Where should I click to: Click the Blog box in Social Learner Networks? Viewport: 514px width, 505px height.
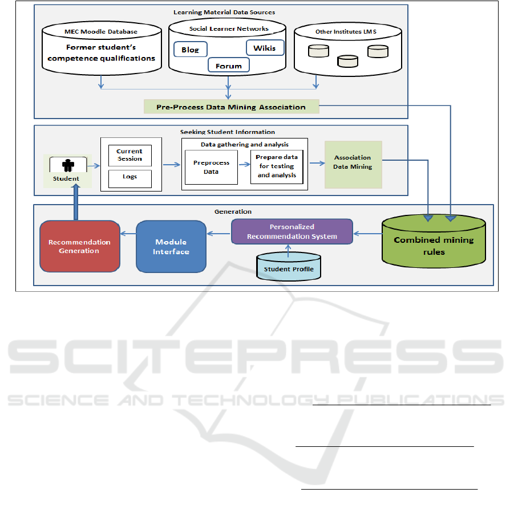tap(190, 50)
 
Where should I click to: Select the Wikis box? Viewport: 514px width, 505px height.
tap(264, 48)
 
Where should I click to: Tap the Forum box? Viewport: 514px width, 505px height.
tap(228, 66)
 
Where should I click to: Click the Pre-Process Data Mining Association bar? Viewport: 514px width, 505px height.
tap(231, 107)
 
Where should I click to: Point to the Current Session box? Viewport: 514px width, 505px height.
tap(129, 155)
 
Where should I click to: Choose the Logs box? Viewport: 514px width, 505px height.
tap(129, 177)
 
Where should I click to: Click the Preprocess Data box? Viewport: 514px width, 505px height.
tap(211, 167)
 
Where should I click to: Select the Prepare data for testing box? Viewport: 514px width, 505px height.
tap(277, 166)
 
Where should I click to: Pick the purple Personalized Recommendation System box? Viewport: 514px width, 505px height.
tap(292, 231)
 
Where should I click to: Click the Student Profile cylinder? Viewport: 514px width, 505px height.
tap(288, 268)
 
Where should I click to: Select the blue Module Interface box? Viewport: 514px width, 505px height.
tap(171, 246)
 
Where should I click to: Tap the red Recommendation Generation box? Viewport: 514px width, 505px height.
tap(79, 246)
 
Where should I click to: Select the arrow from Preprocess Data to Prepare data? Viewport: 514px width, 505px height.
tap(244, 164)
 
